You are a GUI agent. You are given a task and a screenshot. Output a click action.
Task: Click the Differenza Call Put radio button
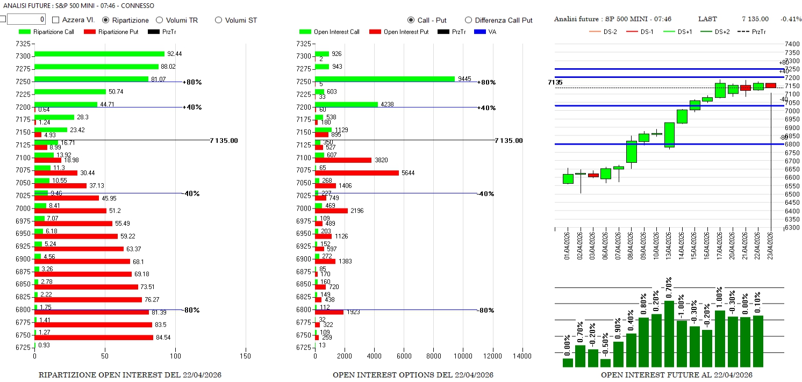[468, 20]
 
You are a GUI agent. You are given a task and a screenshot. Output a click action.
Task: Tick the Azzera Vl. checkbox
[56, 20]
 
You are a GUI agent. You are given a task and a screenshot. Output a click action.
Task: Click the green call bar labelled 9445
[384, 79]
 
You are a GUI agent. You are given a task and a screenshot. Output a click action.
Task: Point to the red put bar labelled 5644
[356, 173]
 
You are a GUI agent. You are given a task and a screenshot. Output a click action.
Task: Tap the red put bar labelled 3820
[343, 160]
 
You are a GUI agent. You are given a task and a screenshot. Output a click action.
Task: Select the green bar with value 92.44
[99, 54]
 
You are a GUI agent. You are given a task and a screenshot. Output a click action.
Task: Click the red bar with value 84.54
[94, 337]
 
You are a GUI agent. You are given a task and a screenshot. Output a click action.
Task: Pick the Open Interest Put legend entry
[398, 32]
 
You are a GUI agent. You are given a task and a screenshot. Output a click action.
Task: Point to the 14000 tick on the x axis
[522, 356]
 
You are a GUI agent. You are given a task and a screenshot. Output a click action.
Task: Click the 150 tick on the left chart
[246, 356]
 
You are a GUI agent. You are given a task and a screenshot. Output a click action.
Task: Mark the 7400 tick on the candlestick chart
[792, 44]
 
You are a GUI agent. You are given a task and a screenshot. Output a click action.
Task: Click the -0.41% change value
[791, 19]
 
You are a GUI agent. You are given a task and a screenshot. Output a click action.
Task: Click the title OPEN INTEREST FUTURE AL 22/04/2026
[676, 375]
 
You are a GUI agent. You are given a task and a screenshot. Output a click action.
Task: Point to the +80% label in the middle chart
[486, 82]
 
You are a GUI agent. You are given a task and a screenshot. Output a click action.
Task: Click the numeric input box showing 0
[26, 19]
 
